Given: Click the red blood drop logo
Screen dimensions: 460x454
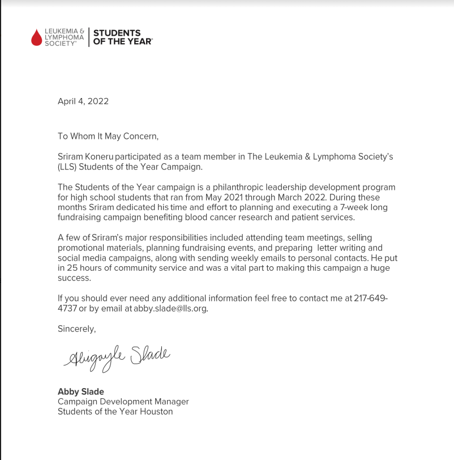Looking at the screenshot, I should point(37,37).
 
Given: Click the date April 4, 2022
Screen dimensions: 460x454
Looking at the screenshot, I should point(83,101).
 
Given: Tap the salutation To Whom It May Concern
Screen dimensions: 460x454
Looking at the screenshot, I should point(108,136).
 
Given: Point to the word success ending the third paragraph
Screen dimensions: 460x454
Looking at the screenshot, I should point(74,279).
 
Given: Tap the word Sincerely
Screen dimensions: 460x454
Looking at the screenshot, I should point(77,329).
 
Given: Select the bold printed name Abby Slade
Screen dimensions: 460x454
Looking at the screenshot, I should point(81,391).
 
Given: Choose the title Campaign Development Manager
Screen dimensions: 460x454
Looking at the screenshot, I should point(123,402).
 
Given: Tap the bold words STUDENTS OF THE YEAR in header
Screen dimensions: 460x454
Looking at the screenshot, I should point(122,37).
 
